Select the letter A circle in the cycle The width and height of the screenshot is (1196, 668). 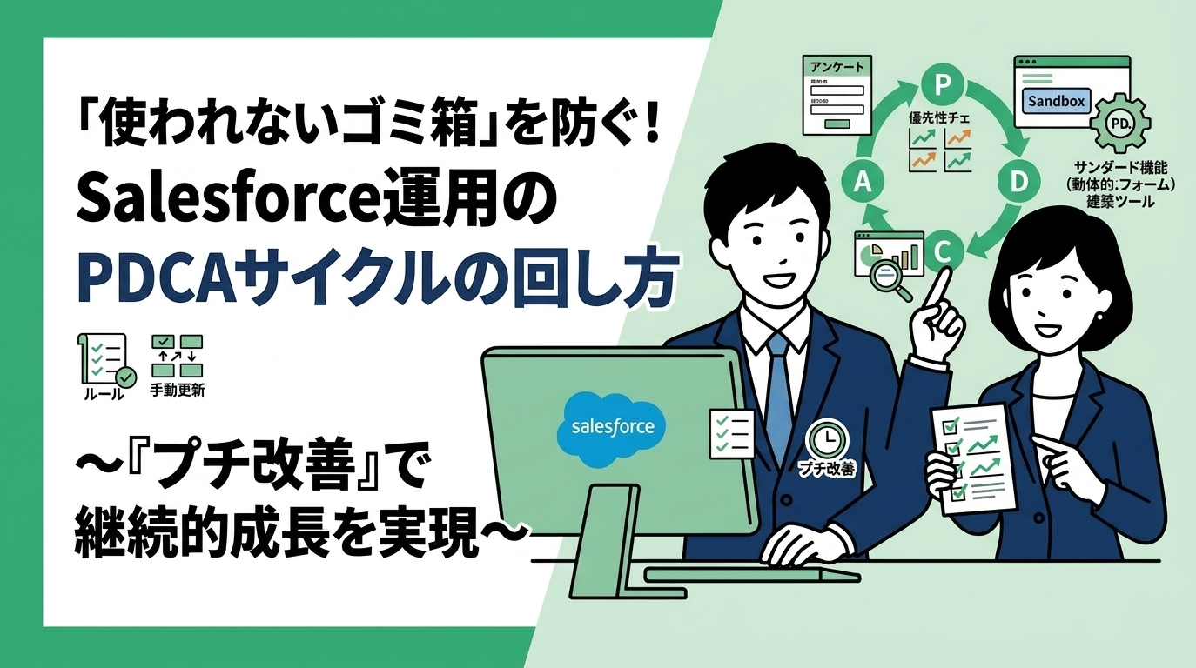(864, 181)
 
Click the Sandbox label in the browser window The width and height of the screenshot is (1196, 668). (1057, 101)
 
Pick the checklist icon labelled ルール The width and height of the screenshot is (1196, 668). (102, 360)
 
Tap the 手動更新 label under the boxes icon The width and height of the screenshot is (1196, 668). (178, 391)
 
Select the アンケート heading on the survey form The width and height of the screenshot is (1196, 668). (837, 67)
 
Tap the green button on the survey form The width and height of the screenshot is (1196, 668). (837, 124)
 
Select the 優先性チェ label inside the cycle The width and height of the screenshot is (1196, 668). (941, 117)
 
